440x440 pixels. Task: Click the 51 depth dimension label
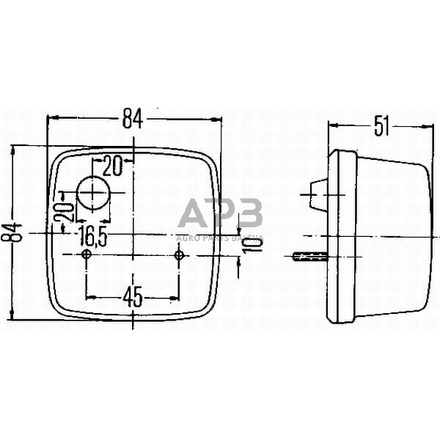(381, 127)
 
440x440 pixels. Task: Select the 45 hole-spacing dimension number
(132, 298)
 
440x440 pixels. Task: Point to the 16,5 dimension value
(92, 236)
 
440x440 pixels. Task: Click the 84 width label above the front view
(133, 118)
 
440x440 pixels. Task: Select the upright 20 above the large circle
(112, 166)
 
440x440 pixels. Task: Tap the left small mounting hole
(87, 254)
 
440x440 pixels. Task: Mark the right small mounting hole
(178, 254)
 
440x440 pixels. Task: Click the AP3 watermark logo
(220, 215)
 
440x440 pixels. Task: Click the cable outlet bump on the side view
(317, 194)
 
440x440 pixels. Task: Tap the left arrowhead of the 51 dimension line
(331, 125)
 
